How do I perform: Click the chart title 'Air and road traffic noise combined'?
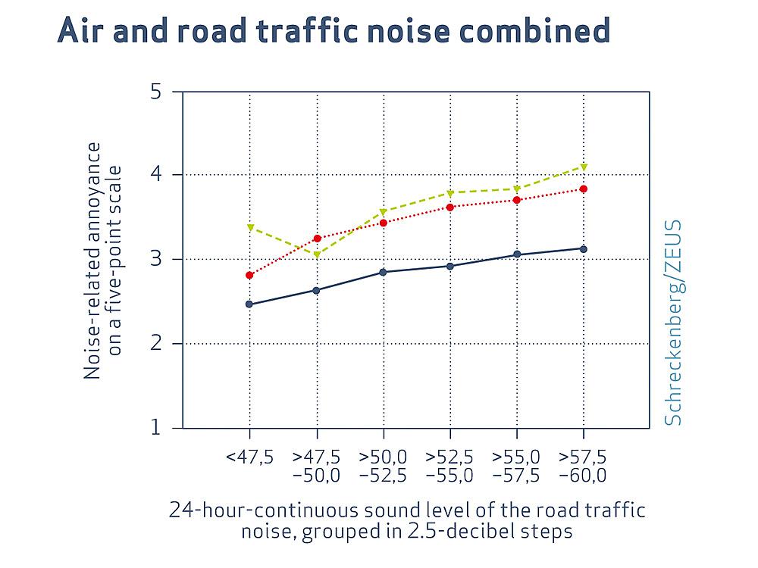pyautogui.click(x=334, y=32)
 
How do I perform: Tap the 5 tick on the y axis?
pyautogui.click(x=156, y=92)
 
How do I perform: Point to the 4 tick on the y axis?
pyautogui.click(x=156, y=175)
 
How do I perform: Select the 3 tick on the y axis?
pyautogui.click(x=156, y=260)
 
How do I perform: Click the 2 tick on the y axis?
pyautogui.click(x=156, y=344)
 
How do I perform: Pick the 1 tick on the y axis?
pyautogui.click(x=156, y=428)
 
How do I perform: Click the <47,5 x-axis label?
pyautogui.click(x=249, y=457)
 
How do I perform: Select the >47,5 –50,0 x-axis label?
pyautogui.click(x=316, y=467)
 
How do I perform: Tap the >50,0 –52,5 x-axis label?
pyautogui.click(x=383, y=467)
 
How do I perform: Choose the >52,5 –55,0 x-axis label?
pyautogui.click(x=449, y=467)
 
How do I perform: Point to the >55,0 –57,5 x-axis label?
pyautogui.click(x=516, y=467)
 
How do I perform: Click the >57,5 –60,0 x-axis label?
pyautogui.click(x=583, y=467)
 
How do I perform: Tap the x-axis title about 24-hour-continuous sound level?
pyautogui.click(x=407, y=520)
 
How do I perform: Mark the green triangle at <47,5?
pyautogui.click(x=250, y=227)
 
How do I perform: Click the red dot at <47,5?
pyautogui.click(x=249, y=275)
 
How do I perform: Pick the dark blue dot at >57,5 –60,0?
pyautogui.click(x=583, y=248)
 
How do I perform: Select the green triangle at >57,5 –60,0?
pyautogui.click(x=583, y=166)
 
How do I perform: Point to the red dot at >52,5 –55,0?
pyautogui.click(x=449, y=207)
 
